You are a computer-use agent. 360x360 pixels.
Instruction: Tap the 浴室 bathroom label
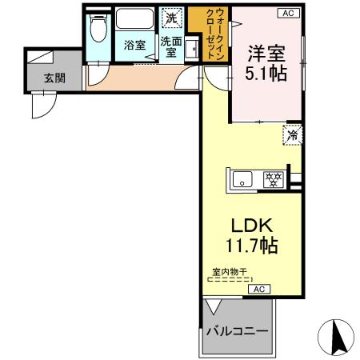[134, 46]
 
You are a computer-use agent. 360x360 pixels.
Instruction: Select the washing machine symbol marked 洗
[171, 17]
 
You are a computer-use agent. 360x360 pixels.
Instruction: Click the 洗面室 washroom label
[169, 45]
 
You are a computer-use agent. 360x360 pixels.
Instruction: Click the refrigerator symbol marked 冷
[292, 134]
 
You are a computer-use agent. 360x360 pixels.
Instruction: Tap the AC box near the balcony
[259, 290]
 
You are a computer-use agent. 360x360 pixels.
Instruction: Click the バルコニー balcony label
[237, 331]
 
